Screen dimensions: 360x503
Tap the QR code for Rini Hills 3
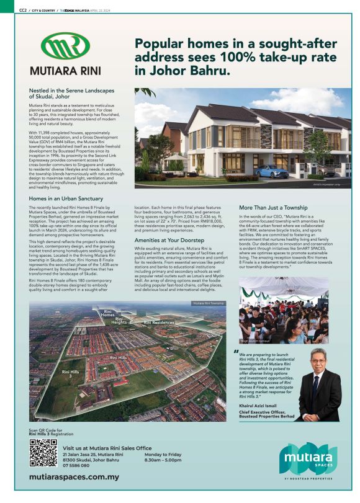point(43,453)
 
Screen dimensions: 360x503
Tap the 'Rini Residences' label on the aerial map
point(160,323)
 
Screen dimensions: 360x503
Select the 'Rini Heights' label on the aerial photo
point(119,321)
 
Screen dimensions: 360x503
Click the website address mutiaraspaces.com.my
point(74,478)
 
